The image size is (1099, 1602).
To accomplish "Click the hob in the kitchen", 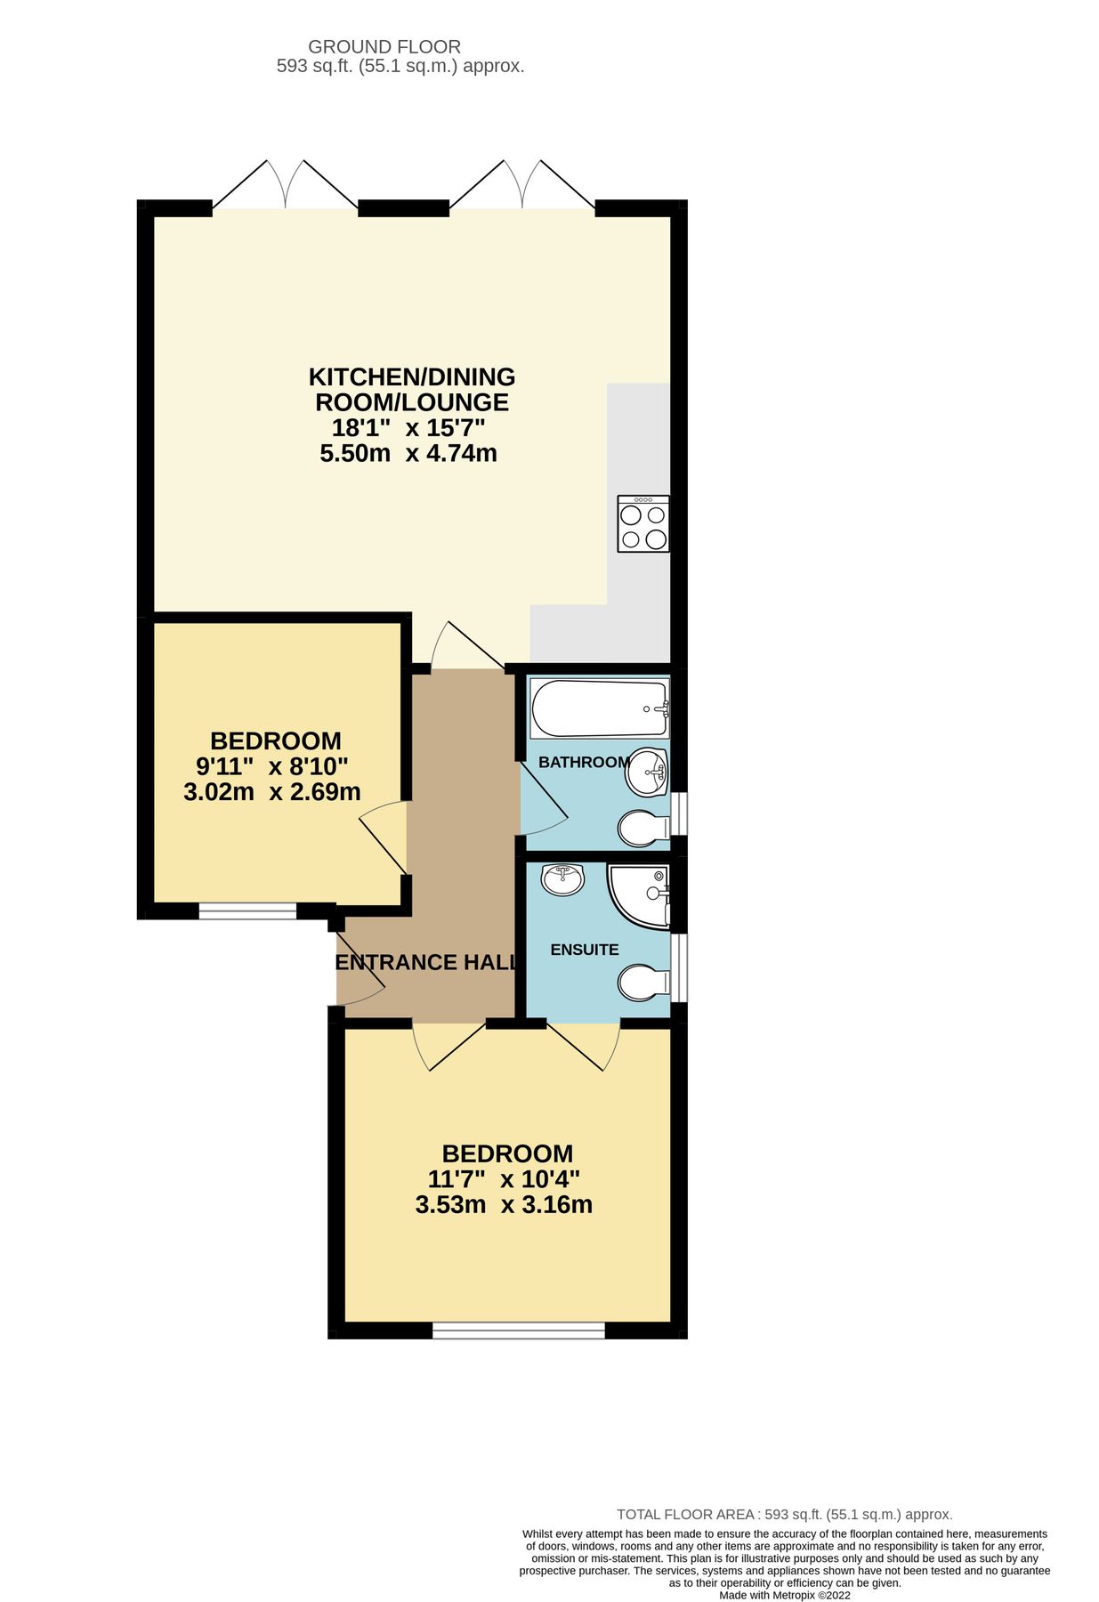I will [643, 523].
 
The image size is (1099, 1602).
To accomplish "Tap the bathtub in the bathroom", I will [599, 708].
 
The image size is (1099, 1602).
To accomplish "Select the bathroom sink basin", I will [647, 771].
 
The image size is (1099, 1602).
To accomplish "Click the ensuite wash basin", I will [562, 878].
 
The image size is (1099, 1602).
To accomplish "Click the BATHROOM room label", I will [584, 762].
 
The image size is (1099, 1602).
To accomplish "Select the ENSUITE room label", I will [584, 950].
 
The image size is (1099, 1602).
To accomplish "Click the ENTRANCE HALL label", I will [426, 962].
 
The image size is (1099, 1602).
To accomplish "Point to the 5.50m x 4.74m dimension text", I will [408, 453].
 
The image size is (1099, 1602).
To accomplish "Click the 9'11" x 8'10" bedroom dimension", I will [271, 765].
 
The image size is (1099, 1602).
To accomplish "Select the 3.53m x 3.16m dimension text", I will [504, 1205].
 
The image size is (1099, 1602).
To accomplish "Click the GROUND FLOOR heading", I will [384, 46].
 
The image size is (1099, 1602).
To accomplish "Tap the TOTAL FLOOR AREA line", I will [785, 1514].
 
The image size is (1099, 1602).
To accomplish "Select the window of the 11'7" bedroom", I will [519, 1331].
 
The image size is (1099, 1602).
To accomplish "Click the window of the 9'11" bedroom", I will [246, 910].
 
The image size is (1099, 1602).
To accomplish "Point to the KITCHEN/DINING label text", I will [411, 376].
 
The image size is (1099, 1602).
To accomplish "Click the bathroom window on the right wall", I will [679, 813].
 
